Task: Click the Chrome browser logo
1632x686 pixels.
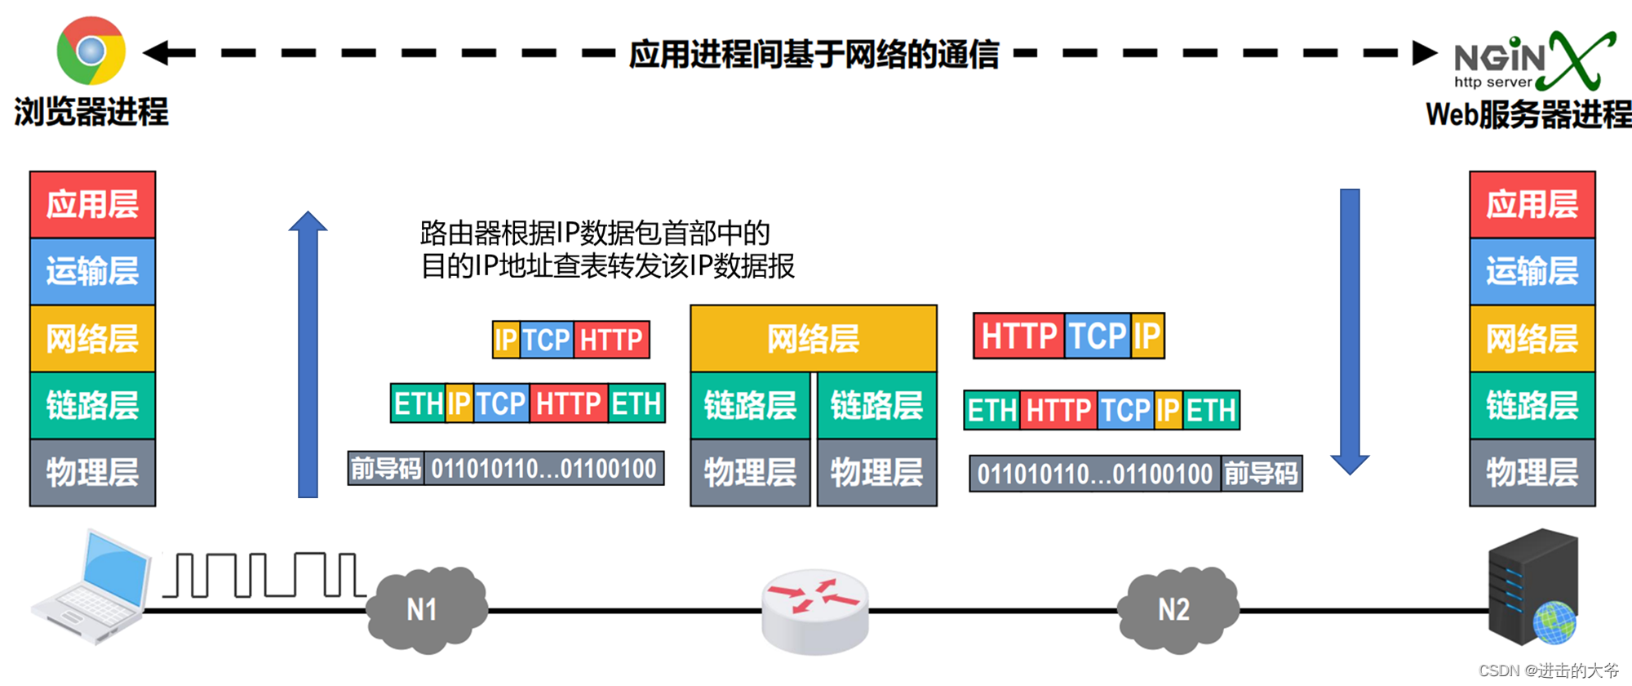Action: pyautogui.click(x=91, y=51)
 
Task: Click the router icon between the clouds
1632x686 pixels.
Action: pyautogui.click(x=814, y=611)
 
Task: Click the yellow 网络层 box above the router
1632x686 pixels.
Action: pyautogui.click(x=813, y=338)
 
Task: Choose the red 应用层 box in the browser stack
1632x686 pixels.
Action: pyautogui.click(x=92, y=204)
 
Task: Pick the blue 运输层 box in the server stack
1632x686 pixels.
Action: pyautogui.click(x=1532, y=271)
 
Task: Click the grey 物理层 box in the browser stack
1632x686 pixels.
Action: pyautogui.click(x=92, y=473)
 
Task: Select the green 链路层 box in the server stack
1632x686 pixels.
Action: pyautogui.click(x=1532, y=406)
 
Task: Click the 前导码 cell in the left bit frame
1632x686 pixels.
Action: pyautogui.click(x=386, y=469)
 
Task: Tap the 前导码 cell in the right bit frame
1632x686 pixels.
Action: pyautogui.click(x=1261, y=474)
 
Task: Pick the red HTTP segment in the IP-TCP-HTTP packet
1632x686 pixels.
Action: pyautogui.click(x=611, y=340)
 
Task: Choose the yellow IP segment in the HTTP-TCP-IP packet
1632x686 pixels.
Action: pyautogui.click(x=1146, y=336)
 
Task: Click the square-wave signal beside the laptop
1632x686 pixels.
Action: pyautogui.click(x=264, y=575)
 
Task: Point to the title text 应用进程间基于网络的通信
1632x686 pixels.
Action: pyautogui.click(x=814, y=54)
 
